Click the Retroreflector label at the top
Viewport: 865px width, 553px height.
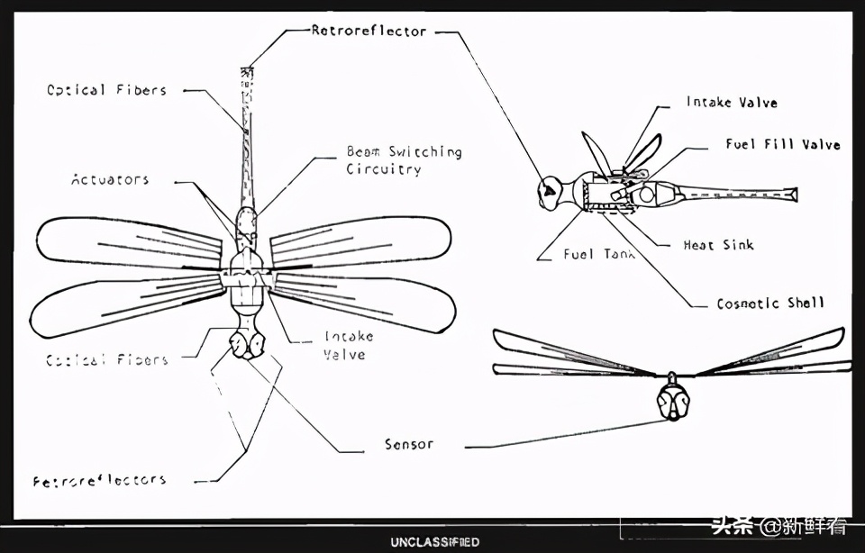pos(369,31)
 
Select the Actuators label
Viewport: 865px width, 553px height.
pos(110,179)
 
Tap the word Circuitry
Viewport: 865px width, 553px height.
pos(383,169)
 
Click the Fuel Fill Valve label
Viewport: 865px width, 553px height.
pos(783,144)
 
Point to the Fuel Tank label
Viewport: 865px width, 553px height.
pos(599,254)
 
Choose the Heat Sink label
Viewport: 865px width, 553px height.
pos(718,245)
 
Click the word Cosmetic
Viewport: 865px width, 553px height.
pos(748,304)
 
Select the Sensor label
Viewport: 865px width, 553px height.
pos(408,444)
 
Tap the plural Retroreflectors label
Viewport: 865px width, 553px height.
pos(100,480)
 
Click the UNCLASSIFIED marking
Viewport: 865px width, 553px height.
pos(434,542)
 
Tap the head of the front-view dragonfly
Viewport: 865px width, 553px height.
pos(672,400)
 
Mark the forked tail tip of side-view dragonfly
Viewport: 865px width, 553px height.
pos(791,194)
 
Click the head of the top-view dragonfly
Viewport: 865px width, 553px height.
pos(246,345)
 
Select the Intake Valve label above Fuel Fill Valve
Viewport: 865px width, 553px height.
pos(731,102)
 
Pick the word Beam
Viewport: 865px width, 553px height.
pos(364,151)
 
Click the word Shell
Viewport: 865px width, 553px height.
pos(806,304)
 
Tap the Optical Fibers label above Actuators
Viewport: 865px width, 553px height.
pos(106,90)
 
